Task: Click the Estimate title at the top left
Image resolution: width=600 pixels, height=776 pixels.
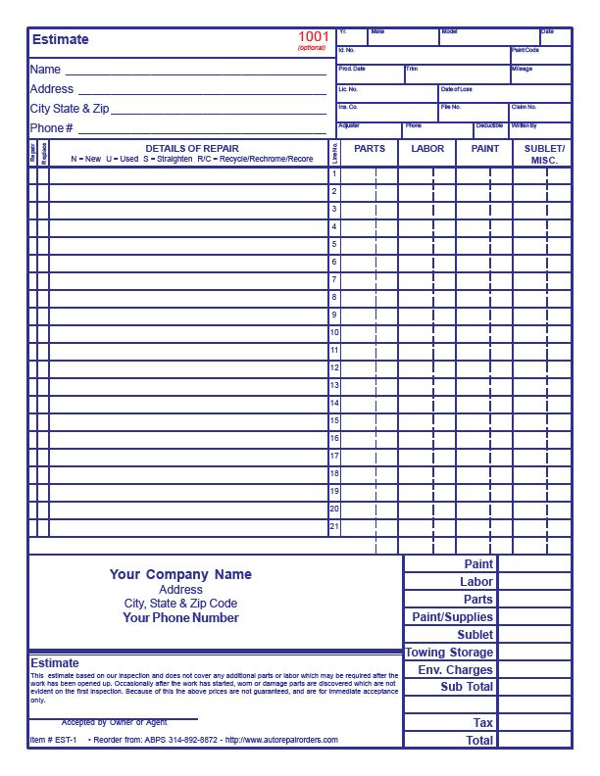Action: (x=60, y=40)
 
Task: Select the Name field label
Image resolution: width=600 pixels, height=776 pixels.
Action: (x=45, y=70)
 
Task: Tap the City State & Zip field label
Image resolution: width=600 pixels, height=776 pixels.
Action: (x=69, y=109)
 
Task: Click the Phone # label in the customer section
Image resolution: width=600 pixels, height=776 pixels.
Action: (x=52, y=128)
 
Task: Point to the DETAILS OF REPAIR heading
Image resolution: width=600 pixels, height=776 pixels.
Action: (x=192, y=148)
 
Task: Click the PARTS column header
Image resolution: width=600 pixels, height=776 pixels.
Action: (x=370, y=149)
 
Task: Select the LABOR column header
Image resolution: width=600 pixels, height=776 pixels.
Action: (x=427, y=149)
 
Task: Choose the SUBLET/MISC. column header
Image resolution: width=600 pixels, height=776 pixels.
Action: (x=542, y=154)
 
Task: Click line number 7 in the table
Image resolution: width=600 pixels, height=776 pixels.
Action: (x=334, y=279)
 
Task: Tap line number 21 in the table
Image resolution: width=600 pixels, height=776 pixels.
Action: (x=334, y=526)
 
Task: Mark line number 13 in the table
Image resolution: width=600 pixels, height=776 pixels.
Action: (x=334, y=385)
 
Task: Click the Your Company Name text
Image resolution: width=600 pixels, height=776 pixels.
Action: (x=180, y=574)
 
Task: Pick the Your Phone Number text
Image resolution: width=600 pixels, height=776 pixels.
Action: (x=180, y=618)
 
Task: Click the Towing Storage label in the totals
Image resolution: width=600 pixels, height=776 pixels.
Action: (x=449, y=653)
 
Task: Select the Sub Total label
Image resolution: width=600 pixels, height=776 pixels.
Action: (x=467, y=687)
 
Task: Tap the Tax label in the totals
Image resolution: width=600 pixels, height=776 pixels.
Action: (x=483, y=723)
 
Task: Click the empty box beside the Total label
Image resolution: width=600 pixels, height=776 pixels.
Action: (x=534, y=741)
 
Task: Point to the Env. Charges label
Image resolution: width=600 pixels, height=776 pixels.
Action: (x=456, y=670)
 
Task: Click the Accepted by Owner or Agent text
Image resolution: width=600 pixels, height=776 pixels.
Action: (x=115, y=722)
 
